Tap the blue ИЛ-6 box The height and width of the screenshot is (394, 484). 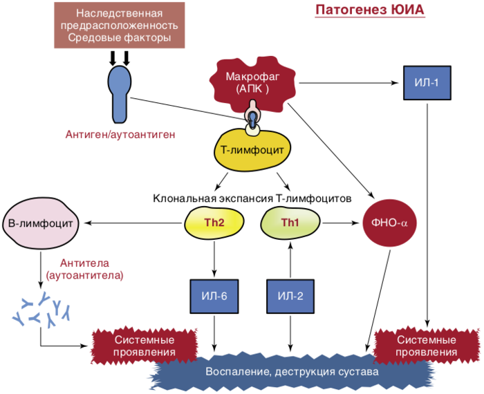pyautogui.click(x=214, y=297)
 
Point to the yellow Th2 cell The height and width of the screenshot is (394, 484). pyautogui.click(x=214, y=223)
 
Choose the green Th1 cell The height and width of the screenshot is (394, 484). pyautogui.click(x=290, y=223)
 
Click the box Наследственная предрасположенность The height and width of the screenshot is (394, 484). pyautogui.click(x=120, y=25)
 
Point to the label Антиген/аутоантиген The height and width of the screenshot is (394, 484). pyautogui.click(x=120, y=135)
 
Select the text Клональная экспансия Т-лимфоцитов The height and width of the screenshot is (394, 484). pyautogui.click(x=252, y=198)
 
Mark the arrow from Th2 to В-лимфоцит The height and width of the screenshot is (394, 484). pyautogui.click(x=131, y=223)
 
